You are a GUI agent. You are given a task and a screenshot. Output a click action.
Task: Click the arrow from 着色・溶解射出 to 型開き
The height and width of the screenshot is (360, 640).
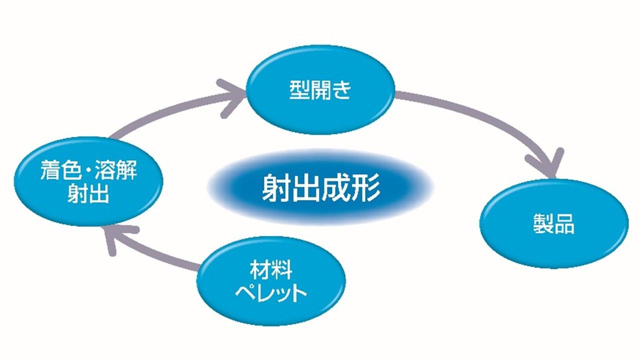click(165, 112)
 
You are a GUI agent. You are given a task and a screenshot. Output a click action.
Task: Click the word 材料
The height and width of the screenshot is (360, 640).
click(271, 270)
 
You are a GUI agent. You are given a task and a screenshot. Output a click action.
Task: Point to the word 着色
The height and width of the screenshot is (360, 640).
click(56, 172)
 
